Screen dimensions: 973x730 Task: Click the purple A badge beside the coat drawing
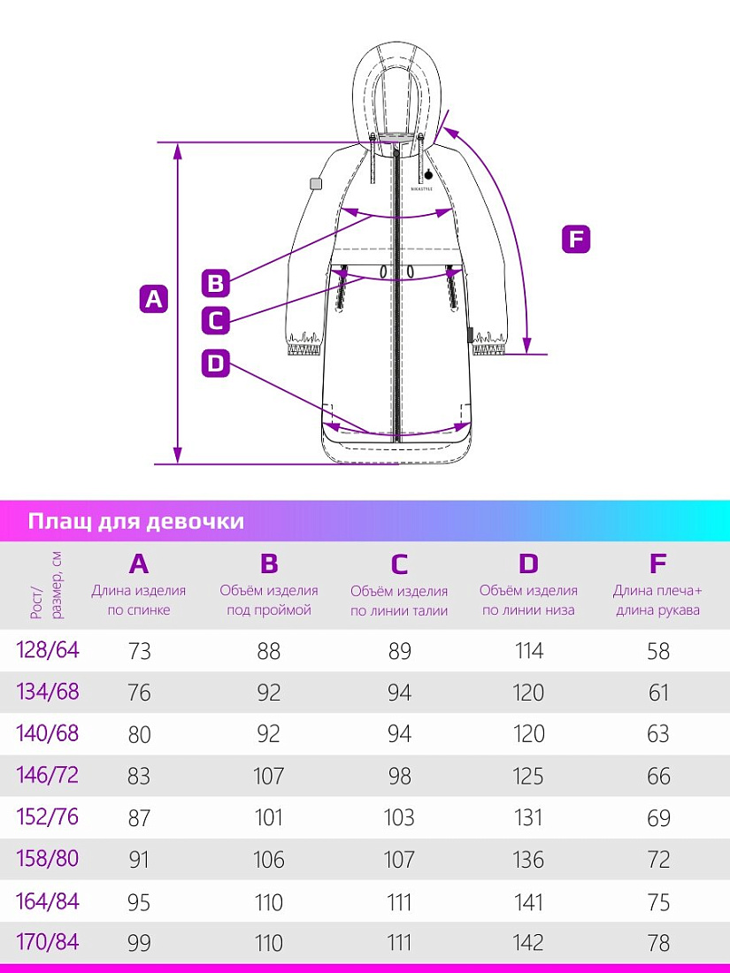154,299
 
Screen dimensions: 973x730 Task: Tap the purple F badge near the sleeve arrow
576,240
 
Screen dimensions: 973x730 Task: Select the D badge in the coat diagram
216,363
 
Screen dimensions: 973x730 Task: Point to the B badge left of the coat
216,283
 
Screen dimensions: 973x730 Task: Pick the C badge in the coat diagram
216,319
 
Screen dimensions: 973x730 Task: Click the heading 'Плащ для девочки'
135,521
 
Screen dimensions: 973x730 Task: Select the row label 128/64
48,650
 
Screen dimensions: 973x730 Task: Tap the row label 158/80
48,858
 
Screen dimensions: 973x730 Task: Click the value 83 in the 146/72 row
139,777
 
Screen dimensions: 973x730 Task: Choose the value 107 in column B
269,777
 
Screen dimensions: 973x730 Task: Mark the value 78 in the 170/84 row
658,943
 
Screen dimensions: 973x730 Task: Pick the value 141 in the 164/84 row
528,902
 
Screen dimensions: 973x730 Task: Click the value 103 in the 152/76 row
399,818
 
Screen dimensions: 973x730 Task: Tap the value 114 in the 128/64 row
528,652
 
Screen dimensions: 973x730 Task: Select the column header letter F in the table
657,564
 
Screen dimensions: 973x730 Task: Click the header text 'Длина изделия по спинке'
139,600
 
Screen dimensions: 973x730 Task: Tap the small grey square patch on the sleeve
314,183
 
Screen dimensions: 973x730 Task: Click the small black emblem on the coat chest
428,174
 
